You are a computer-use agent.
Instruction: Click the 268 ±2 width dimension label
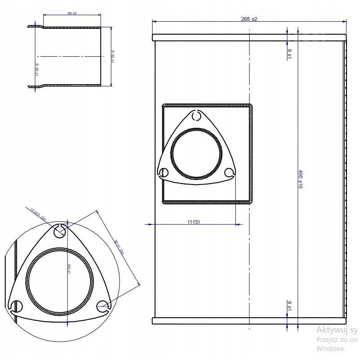click(249, 19)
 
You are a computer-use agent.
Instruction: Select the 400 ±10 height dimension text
click(300, 179)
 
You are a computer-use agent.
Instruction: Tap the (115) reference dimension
click(194, 221)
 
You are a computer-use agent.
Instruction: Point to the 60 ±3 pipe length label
click(72, 13)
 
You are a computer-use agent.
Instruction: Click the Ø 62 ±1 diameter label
click(113, 56)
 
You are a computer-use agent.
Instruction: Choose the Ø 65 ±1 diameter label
click(36, 68)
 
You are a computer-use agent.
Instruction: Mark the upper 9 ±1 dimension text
click(289, 54)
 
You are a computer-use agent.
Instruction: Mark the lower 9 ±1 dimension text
click(289, 306)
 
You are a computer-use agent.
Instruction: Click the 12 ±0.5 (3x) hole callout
click(39, 213)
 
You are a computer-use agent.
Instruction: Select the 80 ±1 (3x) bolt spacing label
click(119, 247)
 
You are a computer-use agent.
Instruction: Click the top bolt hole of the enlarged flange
click(59, 231)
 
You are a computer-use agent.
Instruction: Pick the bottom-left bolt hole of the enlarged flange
click(16, 306)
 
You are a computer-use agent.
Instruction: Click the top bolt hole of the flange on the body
click(196, 116)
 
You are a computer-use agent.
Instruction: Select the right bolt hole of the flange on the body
click(229, 173)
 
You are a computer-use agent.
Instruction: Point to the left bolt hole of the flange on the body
click(164, 172)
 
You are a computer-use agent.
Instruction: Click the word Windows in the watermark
click(330, 348)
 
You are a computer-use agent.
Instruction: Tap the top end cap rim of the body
click(250, 37)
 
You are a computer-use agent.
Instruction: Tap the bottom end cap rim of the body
click(250, 320)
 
